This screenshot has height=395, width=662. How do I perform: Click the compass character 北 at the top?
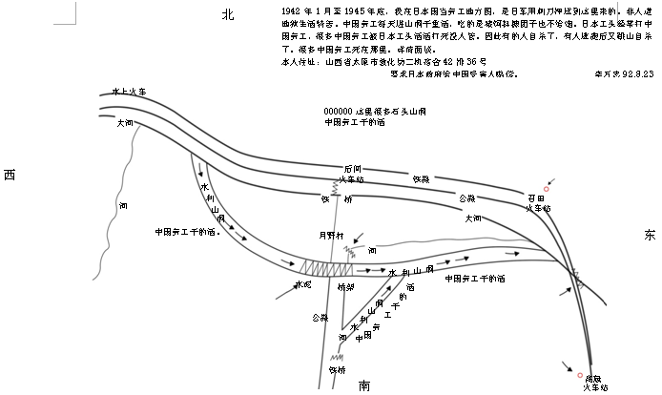coord(227,13)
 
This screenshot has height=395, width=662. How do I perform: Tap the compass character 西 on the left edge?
coord(10,174)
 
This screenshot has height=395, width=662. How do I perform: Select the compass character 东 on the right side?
coord(650,235)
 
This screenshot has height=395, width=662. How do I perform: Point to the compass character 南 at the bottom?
coord(364,385)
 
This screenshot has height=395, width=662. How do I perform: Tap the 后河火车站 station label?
coord(352,174)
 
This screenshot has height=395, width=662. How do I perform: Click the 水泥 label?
coord(303,284)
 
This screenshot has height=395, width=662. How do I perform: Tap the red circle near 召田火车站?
coord(547,189)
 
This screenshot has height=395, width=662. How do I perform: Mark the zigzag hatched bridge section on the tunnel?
coord(320,268)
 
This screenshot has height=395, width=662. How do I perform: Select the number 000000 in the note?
coord(339,111)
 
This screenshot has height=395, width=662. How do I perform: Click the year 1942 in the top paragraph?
coord(279,9)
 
